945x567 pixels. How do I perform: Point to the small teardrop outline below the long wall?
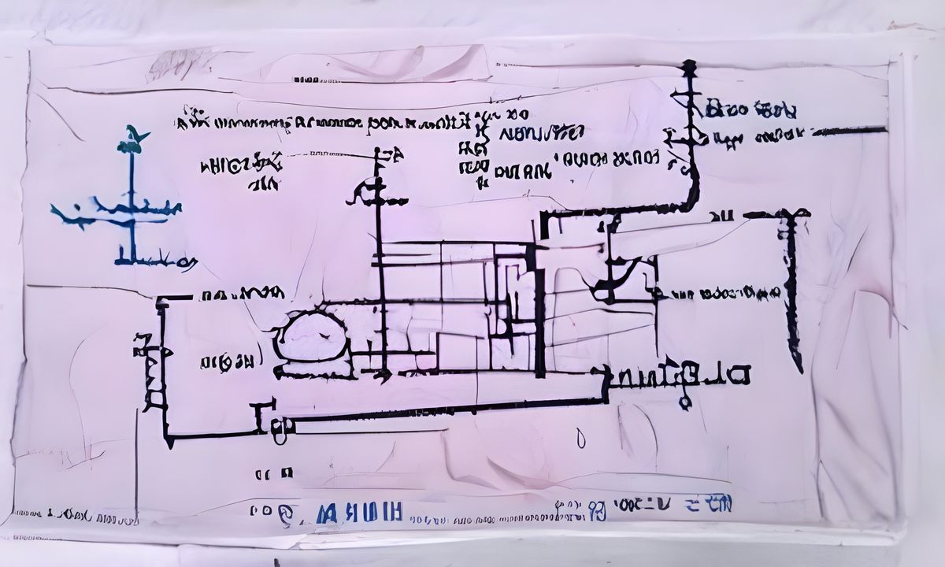pyautogui.click(x=581, y=438)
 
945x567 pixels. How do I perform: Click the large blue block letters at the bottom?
pyautogui.click(x=358, y=513)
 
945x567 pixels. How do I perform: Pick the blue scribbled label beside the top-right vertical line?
pyautogui.click(x=750, y=109)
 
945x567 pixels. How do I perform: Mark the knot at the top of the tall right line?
pyautogui.click(x=690, y=68)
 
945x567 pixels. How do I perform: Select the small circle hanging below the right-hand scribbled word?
pyautogui.click(x=685, y=403)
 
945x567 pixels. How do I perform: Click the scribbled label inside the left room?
pyautogui.click(x=227, y=363)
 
